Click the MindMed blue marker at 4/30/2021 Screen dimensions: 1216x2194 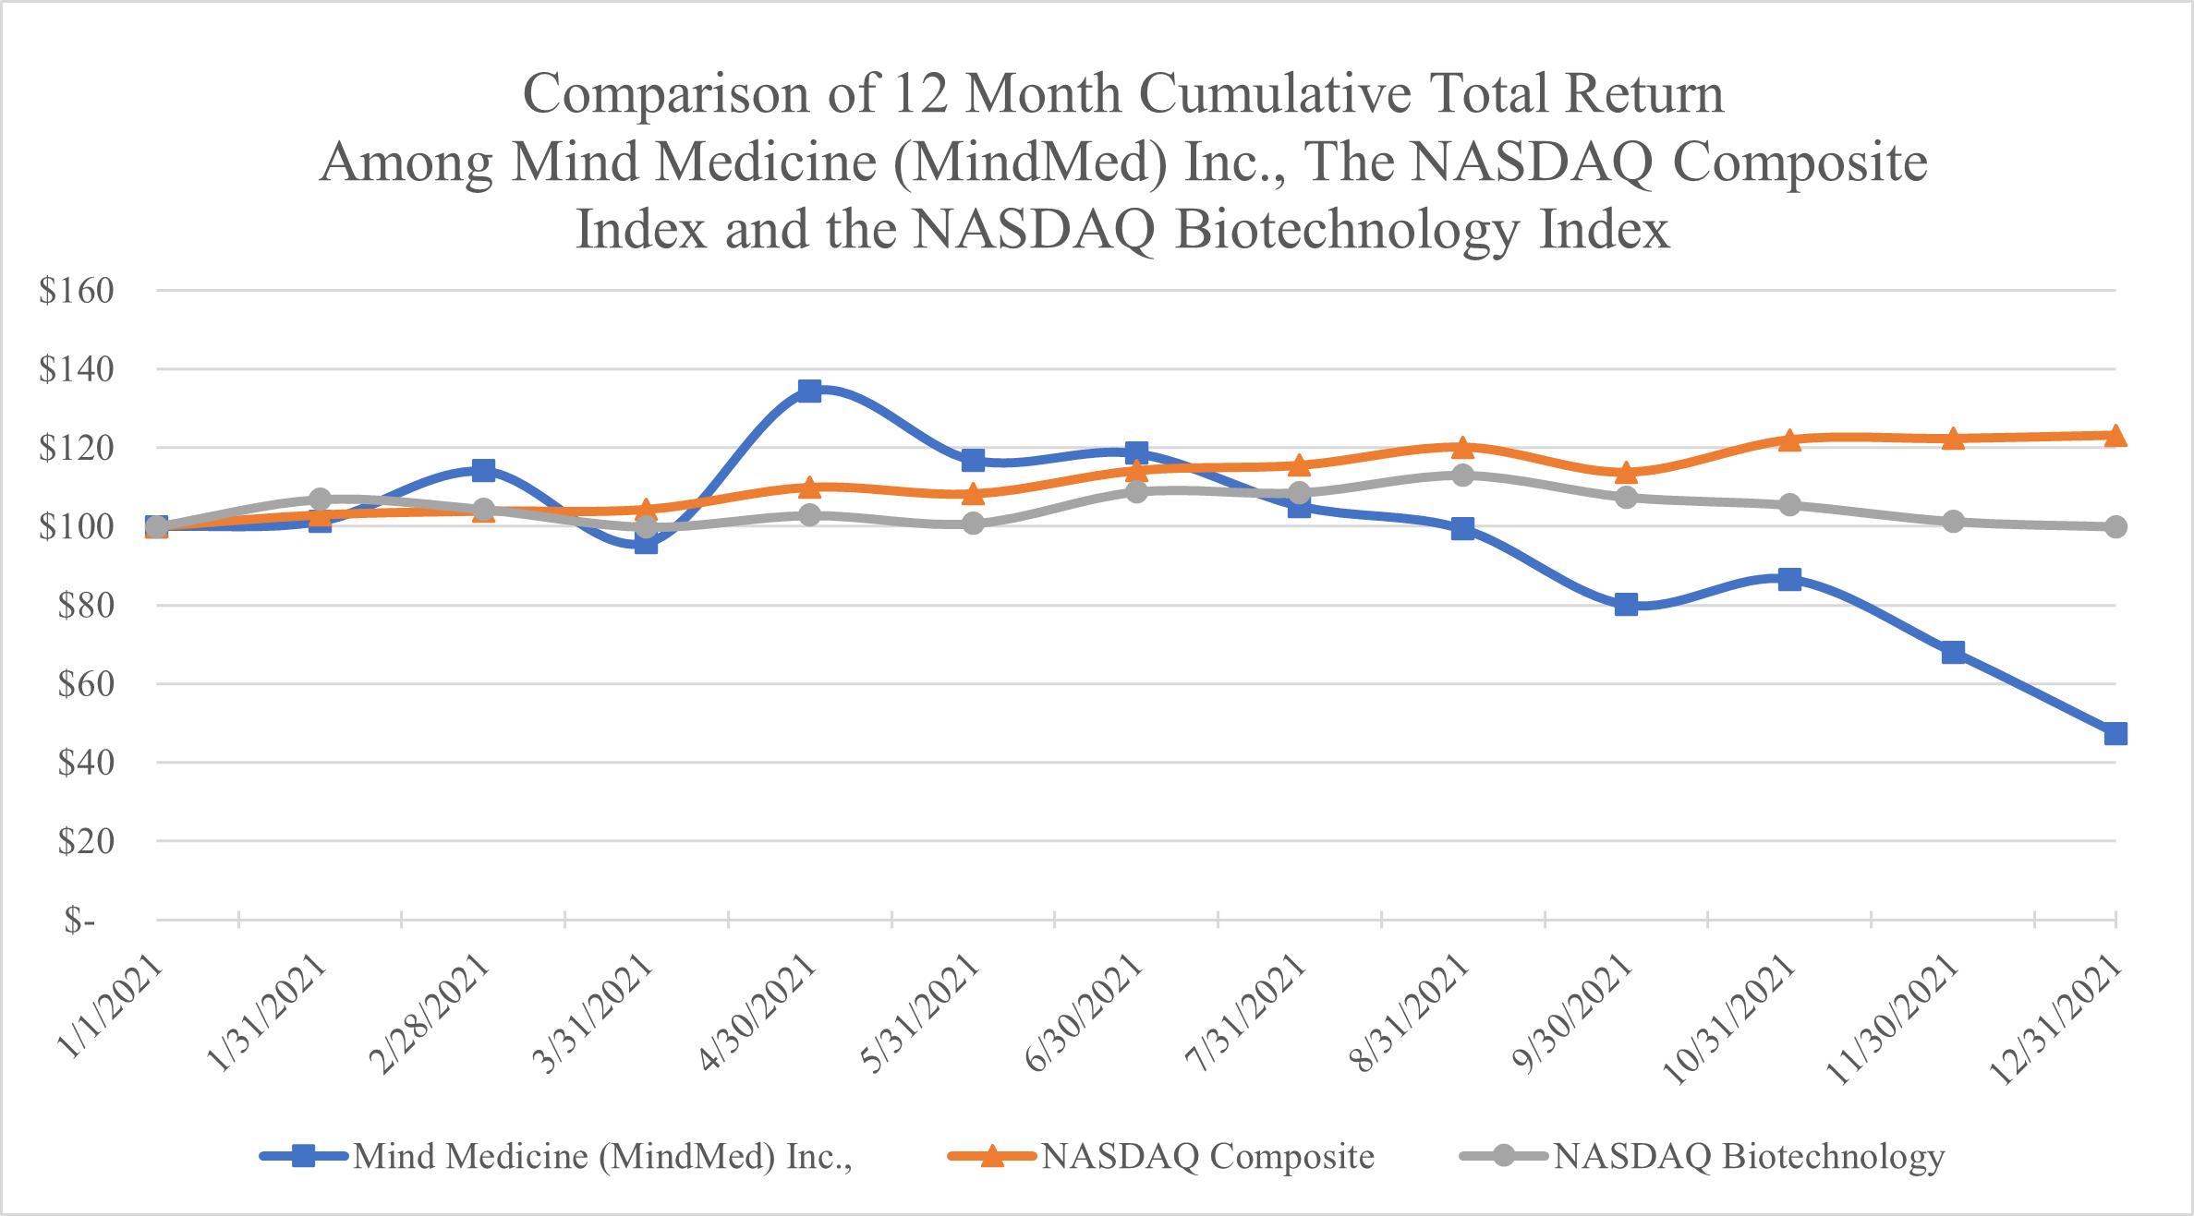pyautogui.click(x=809, y=391)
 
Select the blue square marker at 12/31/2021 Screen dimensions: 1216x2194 pyautogui.click(x=2115, y=734)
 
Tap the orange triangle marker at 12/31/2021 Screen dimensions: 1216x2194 pyautogui.click(x=2115, y=436)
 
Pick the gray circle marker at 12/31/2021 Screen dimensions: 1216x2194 pyautogui.click(x=2115, y=526)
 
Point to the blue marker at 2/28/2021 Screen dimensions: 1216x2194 pyautogui.click(x=483, y=471)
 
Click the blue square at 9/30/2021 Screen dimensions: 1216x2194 pyautogui.click(x=1627, y=605)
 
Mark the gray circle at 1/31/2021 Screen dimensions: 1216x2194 pyautogui.click(x=320, y=500)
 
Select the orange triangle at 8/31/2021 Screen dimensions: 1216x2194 pyautogui.click(x=1462, y=448)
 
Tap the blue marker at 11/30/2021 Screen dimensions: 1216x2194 pyautogui.click(x=1953, y=653)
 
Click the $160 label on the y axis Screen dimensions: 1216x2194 pyautogui.click(x=77, y=291)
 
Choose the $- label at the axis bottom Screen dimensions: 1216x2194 pyautogui.click(x=79, y=921)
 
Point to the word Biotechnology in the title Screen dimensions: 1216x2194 pyautogui.click(x=1349, y=231)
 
